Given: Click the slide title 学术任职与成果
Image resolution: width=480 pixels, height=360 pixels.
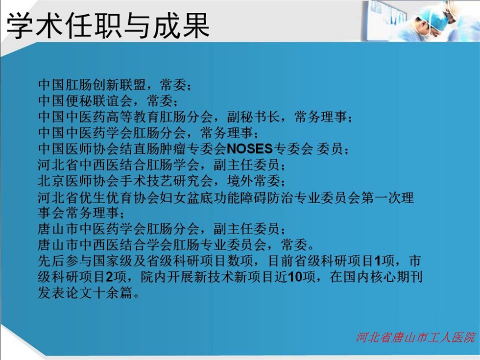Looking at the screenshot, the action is pyautogui.click(x=108, y=25).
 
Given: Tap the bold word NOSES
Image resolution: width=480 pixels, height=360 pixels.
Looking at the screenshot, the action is pyautogui.click(x=249, y=149).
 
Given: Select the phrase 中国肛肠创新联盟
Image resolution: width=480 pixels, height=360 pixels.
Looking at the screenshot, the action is pyautogui.click(x=92, y=84).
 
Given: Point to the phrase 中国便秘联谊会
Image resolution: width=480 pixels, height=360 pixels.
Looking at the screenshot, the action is pyautogui.click(x=85, y=101).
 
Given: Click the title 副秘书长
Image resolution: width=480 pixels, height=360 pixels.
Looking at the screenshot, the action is pyautogui.click(x=253, y=117).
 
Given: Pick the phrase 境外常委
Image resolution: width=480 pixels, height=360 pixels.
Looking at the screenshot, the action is pyautogui.click(x=253, y=181).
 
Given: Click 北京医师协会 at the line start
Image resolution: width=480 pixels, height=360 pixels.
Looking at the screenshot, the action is pyautogui.click(x=79, y=181).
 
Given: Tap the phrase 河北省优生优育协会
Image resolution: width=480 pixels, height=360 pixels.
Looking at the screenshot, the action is pyautogui.click(x=99, y=198).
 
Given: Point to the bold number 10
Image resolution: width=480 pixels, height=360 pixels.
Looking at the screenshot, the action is pyautogui.click(x=295, y=277).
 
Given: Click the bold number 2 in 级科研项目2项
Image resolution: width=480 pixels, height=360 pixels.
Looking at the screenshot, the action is pyautogui.click(x=109, y=277).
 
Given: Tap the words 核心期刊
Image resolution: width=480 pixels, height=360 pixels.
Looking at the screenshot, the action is pyautogui.click(x=396, y=277).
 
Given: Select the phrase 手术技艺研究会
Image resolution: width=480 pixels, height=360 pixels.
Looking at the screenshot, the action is pyautogui.click(x=166, y=181).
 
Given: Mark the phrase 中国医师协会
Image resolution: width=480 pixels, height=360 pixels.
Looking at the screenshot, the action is pyautogui.click(x=79, y=149).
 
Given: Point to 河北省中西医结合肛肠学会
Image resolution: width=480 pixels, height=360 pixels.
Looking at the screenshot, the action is pyautogui.click(x=119, y=165).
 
